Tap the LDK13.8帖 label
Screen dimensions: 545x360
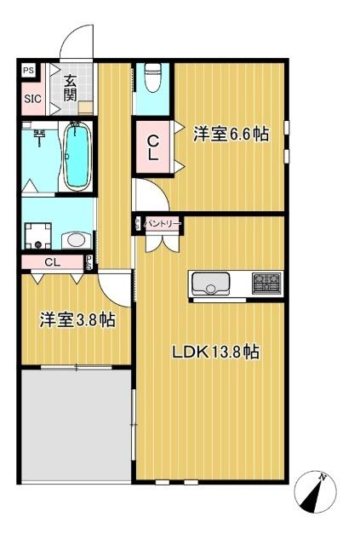click(x=217, y=352)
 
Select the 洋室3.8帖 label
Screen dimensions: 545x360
click(x=77, y=320)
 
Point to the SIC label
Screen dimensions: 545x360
click(x=31, y=97)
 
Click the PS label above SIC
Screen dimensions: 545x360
click(x=29, y=71)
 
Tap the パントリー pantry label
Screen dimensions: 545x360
click(x=161, y=223)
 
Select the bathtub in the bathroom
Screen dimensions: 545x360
click(x=77, y=156)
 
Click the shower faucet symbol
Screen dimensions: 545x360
click(x=39, y=134)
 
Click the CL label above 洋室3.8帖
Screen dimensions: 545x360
click(x=53, y=262)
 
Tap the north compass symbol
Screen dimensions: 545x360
click(x=317, y=491)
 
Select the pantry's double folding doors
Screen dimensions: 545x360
click(x=160, y=242)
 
